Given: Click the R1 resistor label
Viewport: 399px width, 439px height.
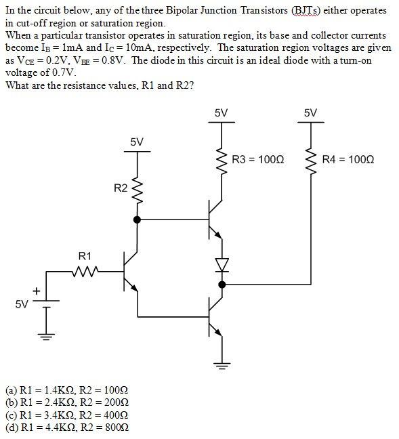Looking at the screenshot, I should click(85, 256).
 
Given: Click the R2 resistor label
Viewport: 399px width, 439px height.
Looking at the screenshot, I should click(119, 188).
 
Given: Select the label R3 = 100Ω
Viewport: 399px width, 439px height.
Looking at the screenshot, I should click(257, 160).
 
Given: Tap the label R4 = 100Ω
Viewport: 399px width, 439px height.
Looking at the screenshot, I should click(348, 160).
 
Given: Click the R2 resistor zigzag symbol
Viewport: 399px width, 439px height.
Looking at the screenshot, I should click(138, 192).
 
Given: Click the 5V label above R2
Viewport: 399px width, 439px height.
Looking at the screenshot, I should click(137, 142).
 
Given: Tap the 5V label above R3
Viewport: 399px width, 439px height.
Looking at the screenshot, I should click(221, 112).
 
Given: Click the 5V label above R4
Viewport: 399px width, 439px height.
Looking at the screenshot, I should click(311, 112).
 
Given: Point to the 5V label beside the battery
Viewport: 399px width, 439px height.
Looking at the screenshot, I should click(22, 304).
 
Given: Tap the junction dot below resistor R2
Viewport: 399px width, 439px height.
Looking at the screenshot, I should click(138, 219).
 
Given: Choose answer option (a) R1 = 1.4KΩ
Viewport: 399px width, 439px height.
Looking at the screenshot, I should click(66, 391).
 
